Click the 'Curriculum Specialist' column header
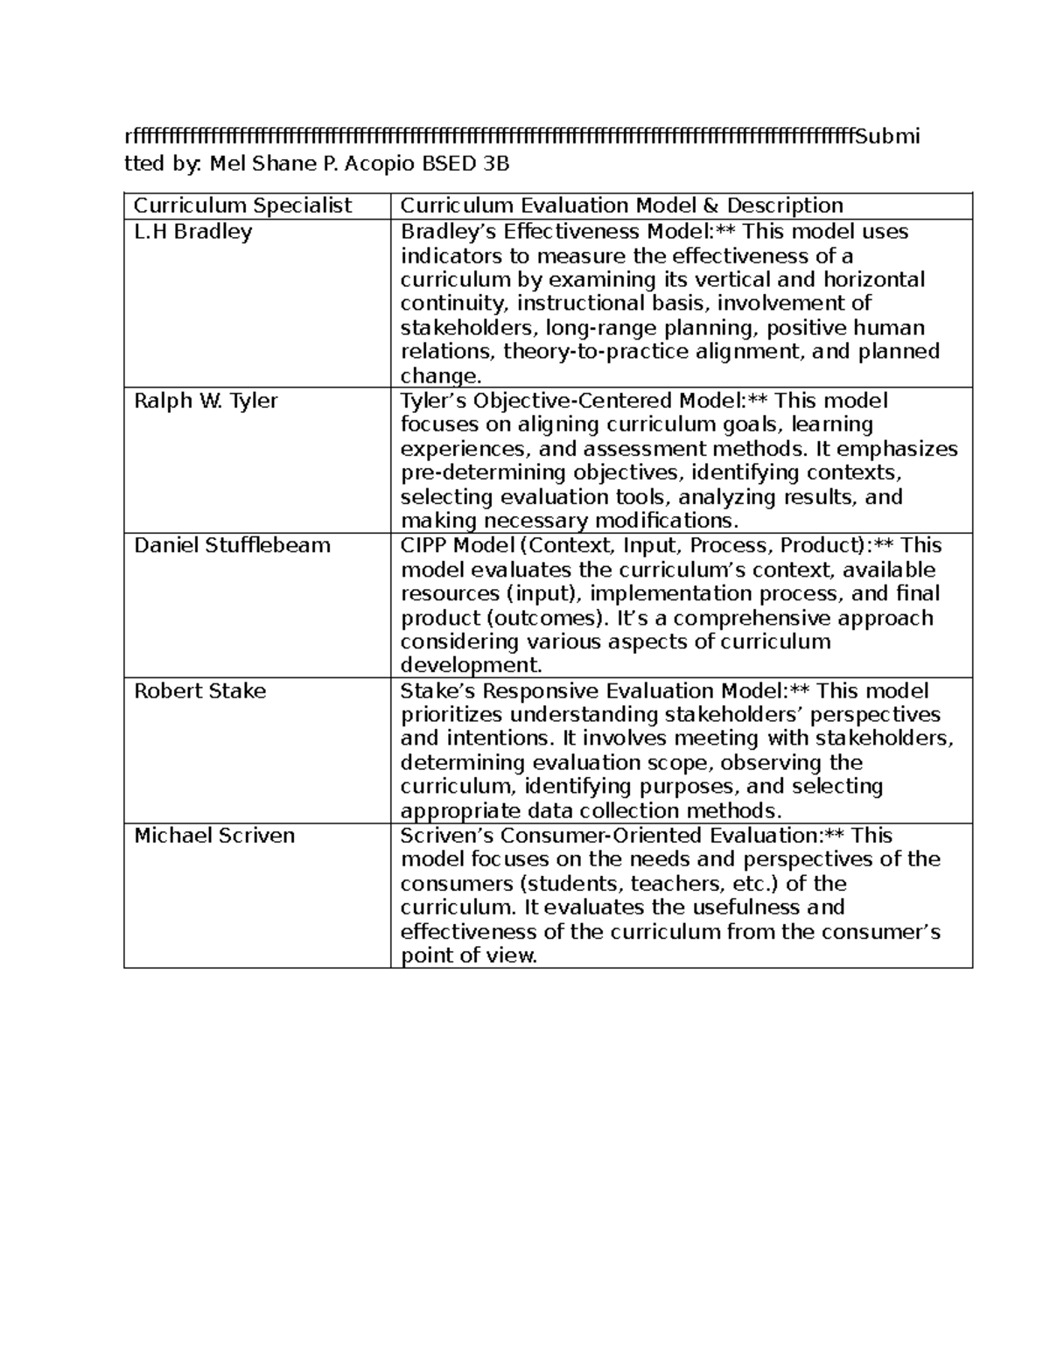242,206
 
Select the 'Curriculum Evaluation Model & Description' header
621,206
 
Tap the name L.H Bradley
192,232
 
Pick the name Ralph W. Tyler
206,401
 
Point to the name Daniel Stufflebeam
232,545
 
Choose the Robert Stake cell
199,690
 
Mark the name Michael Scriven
214,835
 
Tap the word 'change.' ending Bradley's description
441,376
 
